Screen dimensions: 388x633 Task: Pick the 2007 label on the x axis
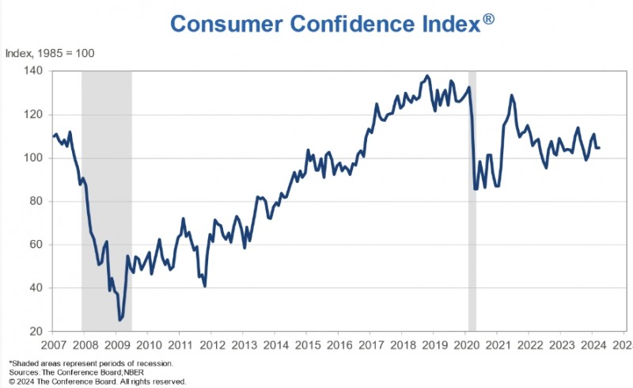point(53,346)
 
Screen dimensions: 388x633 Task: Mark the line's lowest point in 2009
point(120,320)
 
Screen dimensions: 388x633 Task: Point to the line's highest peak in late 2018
point(427,76)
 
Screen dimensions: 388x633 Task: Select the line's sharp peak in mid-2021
point(511,96)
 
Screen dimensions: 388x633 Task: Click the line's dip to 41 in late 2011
point(205,285)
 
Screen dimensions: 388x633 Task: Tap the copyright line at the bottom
point(97,381)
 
